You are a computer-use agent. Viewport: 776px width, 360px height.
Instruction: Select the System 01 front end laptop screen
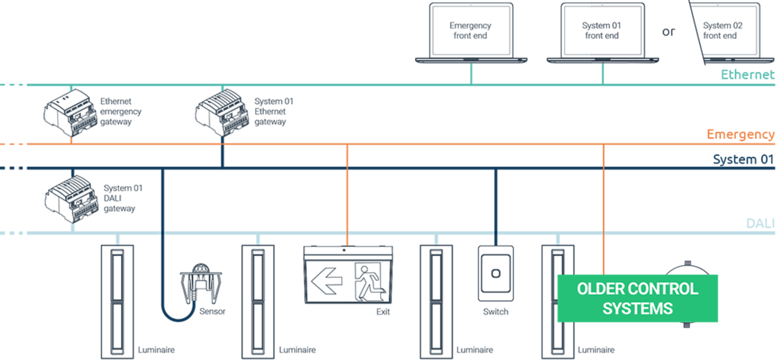(x=602, y=30)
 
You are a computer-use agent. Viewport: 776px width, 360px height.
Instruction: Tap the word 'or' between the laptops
(x=668, y=32)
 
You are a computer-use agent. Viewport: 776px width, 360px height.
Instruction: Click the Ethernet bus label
(x=747, y=74)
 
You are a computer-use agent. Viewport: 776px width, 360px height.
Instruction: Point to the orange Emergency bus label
(x=740, y=134)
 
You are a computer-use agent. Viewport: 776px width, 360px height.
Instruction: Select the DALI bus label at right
(x=760, y=223)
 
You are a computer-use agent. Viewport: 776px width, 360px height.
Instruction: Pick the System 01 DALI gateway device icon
(x=71, y=199)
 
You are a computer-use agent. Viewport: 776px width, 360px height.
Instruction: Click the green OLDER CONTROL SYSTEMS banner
(x=637, y=298)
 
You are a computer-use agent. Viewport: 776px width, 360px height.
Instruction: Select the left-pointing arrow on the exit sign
(x=327, y=280)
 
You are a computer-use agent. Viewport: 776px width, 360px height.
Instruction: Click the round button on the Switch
(x=496, y=273)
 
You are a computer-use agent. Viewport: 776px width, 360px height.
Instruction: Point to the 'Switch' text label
(x=495, y=312)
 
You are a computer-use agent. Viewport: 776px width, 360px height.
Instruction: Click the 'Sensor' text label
(x=212, y=312)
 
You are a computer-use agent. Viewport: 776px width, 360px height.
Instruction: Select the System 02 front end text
(x=722, y=30)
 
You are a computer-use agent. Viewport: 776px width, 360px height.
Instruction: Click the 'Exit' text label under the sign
(x=383, y=312)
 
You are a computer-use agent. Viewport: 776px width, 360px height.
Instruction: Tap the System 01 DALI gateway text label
(x=122, y=199)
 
